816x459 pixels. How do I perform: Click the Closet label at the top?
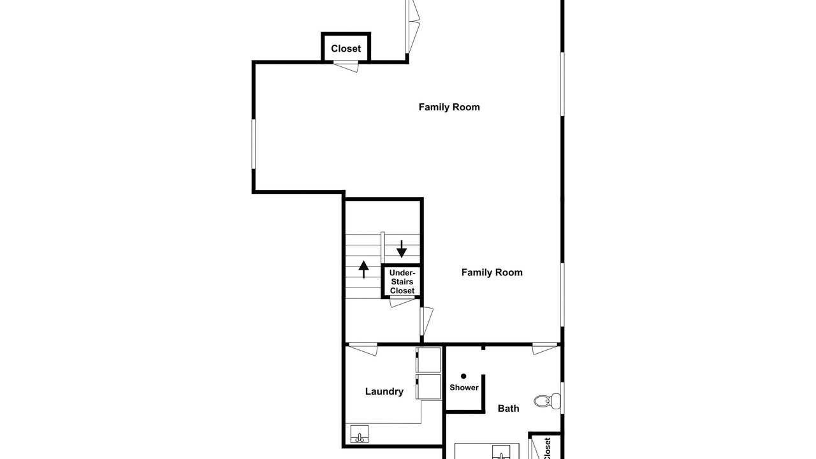tap(346, 48)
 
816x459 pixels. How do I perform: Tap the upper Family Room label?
tap(449, 107)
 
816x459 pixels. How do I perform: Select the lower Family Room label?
tap(492, 272)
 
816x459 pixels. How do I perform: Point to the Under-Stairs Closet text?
tap(402, 282)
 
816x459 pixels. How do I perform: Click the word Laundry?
tap(384, 391)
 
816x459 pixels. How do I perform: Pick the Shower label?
tap(463, 388)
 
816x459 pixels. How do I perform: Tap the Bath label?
tap(508, 409)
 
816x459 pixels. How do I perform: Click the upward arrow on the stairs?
tap(363, 270)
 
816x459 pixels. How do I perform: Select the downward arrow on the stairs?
tap(402, 249)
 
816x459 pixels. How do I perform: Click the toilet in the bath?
tap(548, 401)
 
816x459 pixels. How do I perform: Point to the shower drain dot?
tap(463, 376)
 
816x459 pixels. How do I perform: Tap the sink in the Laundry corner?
tap(359, 434)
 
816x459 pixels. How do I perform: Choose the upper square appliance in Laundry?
tap(428, 360)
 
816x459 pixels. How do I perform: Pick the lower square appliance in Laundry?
tap(428, 387)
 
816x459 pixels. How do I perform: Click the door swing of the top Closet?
tap(346, 67)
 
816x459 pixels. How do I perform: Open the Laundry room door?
tap(363, 349)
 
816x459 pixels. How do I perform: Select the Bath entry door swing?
tap(544, 349)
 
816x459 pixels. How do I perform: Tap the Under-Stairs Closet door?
tap(402, 302)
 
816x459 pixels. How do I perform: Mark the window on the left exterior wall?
tap(254, 144)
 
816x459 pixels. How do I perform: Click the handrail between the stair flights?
tap(382, 248)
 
